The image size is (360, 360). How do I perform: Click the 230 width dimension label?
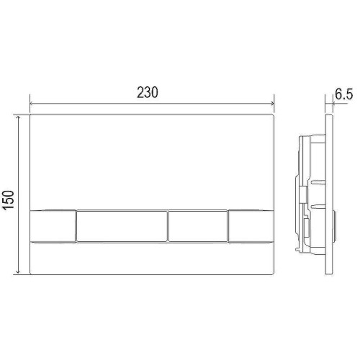(x=148, y=92)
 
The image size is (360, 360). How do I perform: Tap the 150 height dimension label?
(x=9, y=200)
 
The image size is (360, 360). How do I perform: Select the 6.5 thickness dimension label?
(x=344, y=94)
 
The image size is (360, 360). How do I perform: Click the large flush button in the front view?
(x=122, y=226)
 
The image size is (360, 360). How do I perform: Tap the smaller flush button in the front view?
(x=198, y=226)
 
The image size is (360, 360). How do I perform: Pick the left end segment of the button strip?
(x=53, y=226)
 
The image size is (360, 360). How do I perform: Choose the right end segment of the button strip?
(x=251, y=226)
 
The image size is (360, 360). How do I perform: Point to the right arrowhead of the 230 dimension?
(x=273, y=104)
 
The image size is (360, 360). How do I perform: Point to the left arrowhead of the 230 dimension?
(x=31, y=104)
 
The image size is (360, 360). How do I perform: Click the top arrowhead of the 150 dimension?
(x=18, y=117)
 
